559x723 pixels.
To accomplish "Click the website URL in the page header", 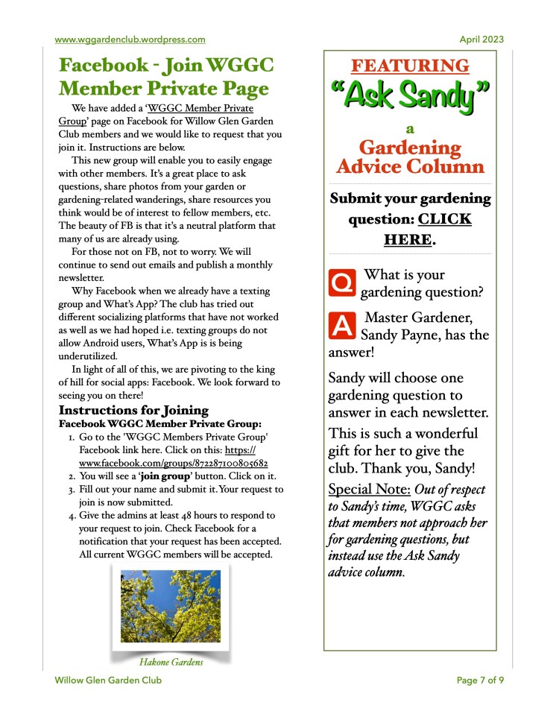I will [x=130, y=40].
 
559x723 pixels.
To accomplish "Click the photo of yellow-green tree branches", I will [x=171, y=606].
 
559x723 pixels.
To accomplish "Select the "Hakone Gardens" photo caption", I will [x=171, y=660].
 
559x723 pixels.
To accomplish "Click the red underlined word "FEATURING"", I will [x=410, y=66].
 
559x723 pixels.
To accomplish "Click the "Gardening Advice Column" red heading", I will [x=410, y=157].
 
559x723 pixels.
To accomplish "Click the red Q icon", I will [x=341, y=282].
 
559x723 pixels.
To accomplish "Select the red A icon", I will [x=341, y=325].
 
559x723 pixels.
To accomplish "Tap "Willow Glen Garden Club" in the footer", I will [x=108, y=680].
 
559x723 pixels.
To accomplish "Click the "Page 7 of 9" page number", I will [x=480, y=680].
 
